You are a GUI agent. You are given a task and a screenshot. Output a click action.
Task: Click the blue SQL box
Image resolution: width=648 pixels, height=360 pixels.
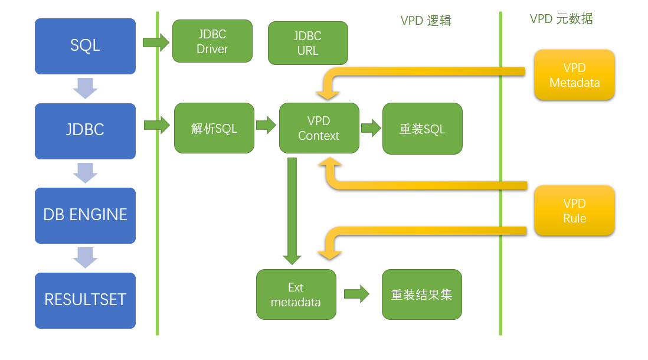click(85, 46)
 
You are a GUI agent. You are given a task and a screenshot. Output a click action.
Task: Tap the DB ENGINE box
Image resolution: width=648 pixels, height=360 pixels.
click(85, 215)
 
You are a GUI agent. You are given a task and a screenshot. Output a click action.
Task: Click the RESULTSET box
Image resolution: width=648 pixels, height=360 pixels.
click(85, 300)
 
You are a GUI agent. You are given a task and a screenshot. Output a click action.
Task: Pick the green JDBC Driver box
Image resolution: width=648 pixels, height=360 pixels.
click(212, 41)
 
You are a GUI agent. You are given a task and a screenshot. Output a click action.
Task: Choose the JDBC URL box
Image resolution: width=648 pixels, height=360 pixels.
click(307, 43)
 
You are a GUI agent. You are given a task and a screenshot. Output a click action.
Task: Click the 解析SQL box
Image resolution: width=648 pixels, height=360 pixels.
click(214, 128)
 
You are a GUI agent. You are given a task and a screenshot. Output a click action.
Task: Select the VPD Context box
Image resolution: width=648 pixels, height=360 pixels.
click(319, 128)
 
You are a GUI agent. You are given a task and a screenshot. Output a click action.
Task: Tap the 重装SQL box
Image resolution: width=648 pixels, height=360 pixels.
click(422, 129)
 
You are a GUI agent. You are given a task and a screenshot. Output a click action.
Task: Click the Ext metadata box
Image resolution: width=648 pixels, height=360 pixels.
click(296, 294)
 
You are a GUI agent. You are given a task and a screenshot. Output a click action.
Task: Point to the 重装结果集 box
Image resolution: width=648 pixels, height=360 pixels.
click(421, 294)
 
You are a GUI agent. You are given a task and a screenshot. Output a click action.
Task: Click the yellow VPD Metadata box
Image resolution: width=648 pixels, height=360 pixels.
click(574, 75)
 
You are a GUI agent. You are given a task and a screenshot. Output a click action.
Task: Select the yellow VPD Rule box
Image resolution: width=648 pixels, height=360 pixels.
click(574, 211)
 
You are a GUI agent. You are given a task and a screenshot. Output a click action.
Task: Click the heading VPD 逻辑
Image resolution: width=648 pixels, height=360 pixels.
click(426, 21)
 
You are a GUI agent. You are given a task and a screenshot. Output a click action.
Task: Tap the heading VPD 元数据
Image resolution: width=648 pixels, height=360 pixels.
click(561, 19)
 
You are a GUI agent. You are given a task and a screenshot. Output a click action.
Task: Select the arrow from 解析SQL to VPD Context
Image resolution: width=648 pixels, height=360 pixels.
click(266, 125)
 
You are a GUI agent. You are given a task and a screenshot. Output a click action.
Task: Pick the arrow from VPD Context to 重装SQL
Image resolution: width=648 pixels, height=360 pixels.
click(371, 128)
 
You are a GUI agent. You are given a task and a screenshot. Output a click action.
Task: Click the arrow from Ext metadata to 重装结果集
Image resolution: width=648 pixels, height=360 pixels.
click(356, 294)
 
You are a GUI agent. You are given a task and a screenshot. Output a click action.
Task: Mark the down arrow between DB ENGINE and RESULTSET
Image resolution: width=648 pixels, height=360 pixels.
click(85, 257)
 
